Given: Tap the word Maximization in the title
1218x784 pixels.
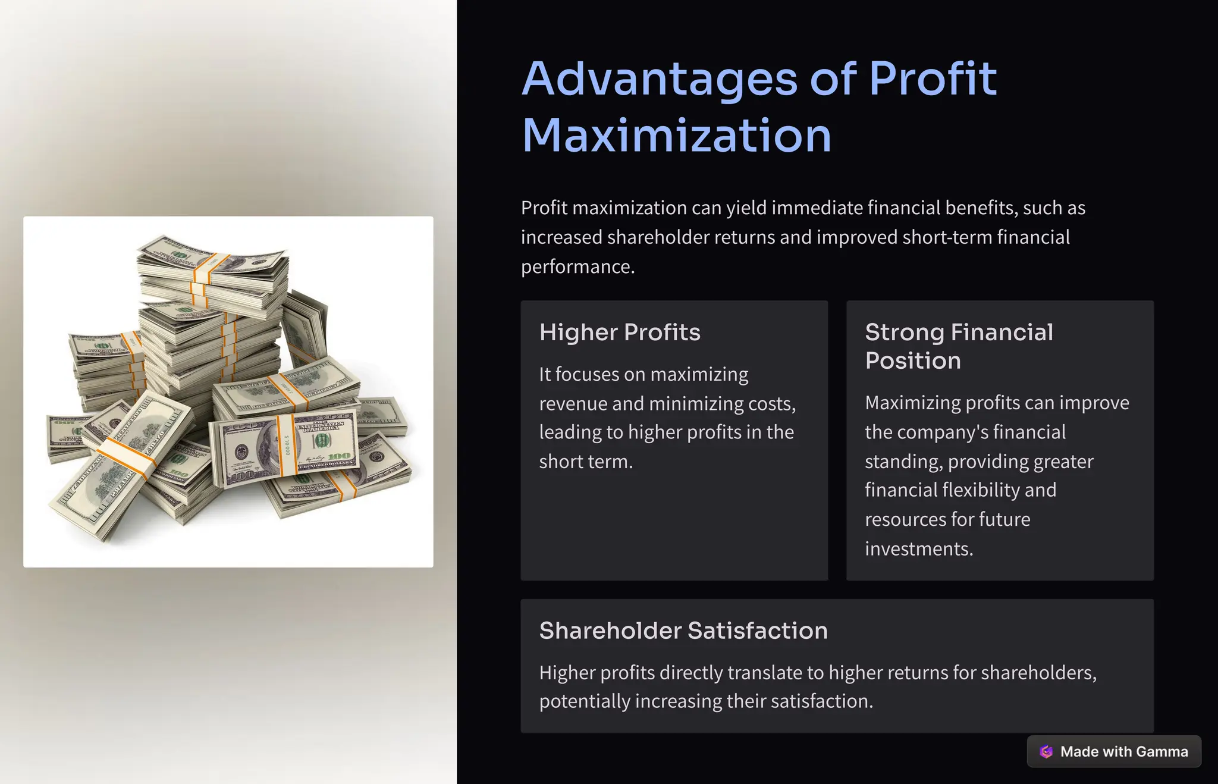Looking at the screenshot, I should tap(676, 136).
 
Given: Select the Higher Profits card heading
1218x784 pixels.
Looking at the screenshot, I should tap(620, 333).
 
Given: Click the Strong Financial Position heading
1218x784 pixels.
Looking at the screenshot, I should tap(959, 346).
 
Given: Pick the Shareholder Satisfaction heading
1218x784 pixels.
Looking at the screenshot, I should tap(683, 631).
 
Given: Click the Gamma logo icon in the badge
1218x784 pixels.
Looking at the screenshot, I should tap(1046, 752).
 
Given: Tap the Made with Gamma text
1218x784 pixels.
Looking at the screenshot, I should tap(1124, 752).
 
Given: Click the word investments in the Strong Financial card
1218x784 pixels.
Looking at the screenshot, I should tap(919, 549).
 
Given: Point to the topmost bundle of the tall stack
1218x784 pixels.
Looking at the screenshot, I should tap(211, 262).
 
